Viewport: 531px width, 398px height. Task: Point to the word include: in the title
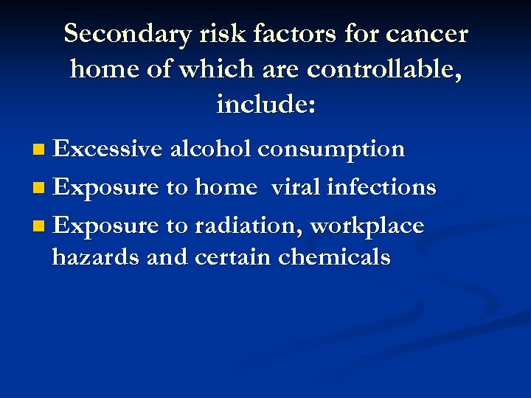pyautogui.click(x=266, y=105)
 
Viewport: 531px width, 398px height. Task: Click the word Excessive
pyautogui.click(x=108, y=149)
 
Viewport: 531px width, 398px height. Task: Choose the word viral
pyautogui.click(x=296, y=187)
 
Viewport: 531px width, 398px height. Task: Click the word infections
pyautogui.click(x=382, y=187)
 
